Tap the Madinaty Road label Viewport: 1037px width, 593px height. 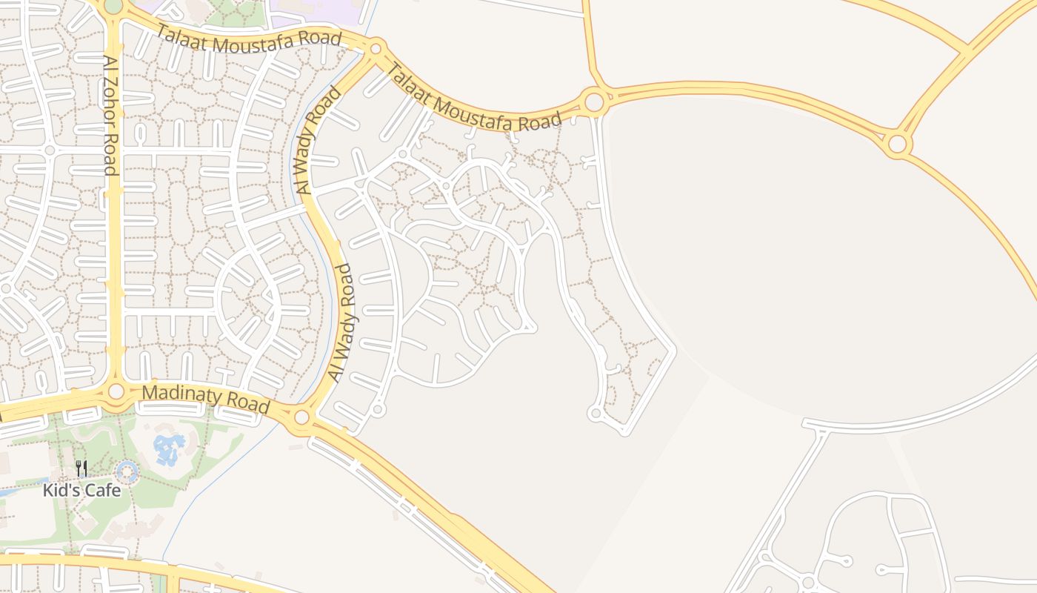(x=205, y=398)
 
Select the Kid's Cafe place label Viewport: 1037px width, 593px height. (x=81, y=490)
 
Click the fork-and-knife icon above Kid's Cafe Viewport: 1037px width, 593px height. (x=81, y=468)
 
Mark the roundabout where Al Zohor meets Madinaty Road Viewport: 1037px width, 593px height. (x=116, y=391)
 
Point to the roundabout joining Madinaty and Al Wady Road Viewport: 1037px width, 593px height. (x=301, y=417)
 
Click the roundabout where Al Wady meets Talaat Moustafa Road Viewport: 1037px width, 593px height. (x=376, y=50)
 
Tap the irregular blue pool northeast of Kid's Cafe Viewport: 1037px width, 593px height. (x=168, y=448)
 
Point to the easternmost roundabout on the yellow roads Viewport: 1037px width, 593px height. (x=897, y=144)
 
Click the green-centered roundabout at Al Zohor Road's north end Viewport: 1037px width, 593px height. (x=113, y=6)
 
